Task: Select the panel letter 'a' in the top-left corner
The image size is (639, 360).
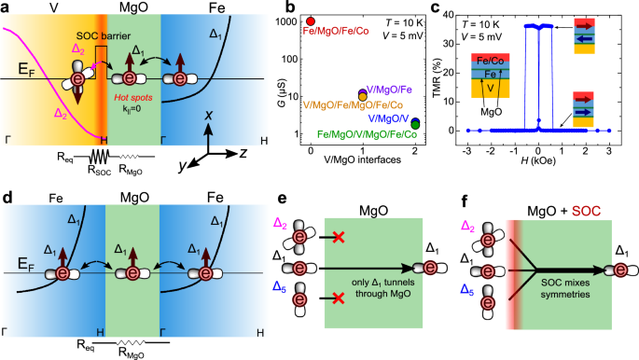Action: (x=7, y=7)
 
